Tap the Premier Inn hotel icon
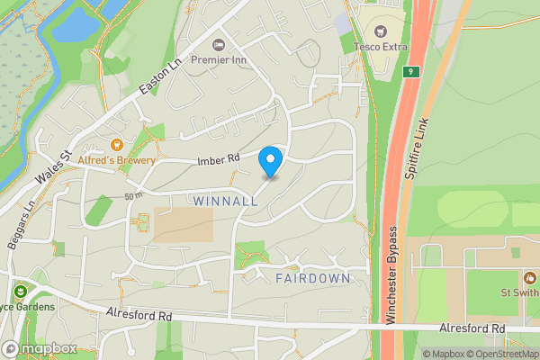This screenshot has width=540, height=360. point(218,45)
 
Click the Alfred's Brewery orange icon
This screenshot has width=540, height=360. point(116,144)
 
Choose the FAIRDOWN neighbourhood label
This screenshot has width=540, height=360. point(312,278)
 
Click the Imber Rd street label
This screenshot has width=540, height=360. point(219,159)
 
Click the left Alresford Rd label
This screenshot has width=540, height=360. point(139,316)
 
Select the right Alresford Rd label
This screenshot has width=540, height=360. point(472,329)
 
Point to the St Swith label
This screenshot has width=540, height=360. point(519,292)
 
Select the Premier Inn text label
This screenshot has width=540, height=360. point(254,58)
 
